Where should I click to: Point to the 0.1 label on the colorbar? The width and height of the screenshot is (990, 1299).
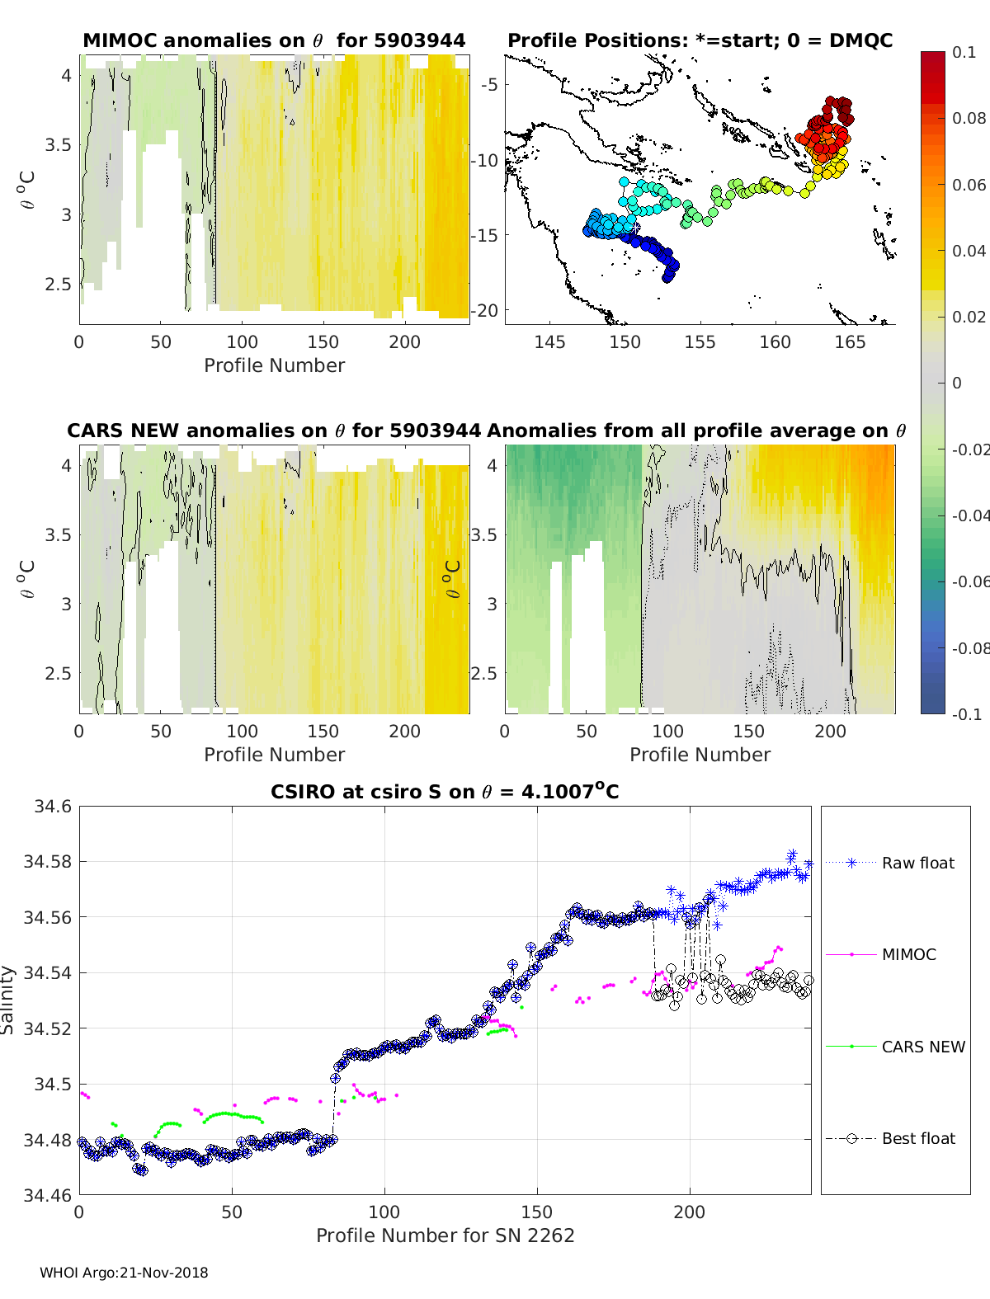pos(964,52)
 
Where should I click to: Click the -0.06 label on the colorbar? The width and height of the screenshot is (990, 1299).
pos(970,581)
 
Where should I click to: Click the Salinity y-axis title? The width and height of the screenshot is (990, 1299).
pos(8,1000)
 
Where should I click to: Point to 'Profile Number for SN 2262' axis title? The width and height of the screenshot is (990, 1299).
pos(445,1235)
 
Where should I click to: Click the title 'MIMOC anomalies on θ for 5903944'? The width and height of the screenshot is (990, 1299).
pos(274,40)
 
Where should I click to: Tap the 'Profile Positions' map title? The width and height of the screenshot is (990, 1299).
pos(700,40)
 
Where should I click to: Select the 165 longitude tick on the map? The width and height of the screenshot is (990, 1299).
pos(850,341)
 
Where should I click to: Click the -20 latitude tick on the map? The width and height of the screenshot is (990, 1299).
pos(485,310)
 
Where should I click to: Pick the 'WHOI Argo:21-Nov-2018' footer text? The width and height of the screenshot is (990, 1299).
pos(124,1273)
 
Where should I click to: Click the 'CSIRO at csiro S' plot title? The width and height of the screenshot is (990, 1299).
pos(445,792)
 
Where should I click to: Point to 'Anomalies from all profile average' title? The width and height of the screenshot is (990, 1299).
pos(696,431)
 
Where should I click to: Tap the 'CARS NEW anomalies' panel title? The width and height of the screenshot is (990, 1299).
pos(274,431)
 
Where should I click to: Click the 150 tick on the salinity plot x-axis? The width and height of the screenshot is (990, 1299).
pos(537,1212)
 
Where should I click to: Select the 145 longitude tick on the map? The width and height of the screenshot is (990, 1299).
pos(549,341)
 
